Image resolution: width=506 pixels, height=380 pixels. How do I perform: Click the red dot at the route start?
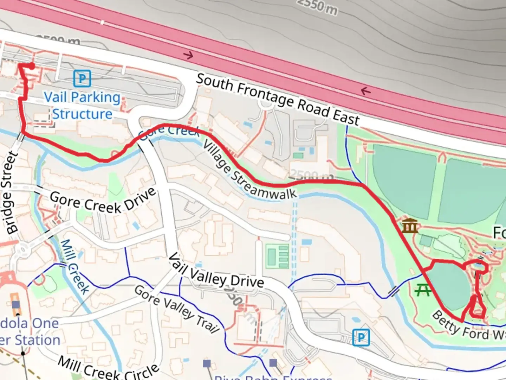[x=32, y=66]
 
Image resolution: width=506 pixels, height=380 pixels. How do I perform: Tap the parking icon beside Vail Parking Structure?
[x=82, y=78]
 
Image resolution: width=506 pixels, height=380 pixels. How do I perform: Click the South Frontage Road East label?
[x=278, y=100]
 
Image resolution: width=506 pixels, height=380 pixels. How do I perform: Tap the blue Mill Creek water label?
[x=74, y=267]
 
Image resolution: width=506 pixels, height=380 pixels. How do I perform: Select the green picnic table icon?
[x=423, y=290]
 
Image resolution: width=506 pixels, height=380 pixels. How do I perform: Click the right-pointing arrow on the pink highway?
[x=189, y=55]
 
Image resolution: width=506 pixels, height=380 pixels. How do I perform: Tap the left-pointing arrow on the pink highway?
[x=366, y=91]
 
